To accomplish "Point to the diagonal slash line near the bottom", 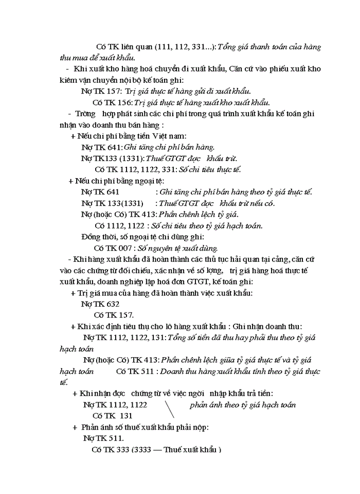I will (x=169, y=409).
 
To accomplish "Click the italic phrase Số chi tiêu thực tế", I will (x=210, y=169).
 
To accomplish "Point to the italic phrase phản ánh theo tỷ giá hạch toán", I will (x=242, y=405).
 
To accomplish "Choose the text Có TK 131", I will (x=112, y=415).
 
